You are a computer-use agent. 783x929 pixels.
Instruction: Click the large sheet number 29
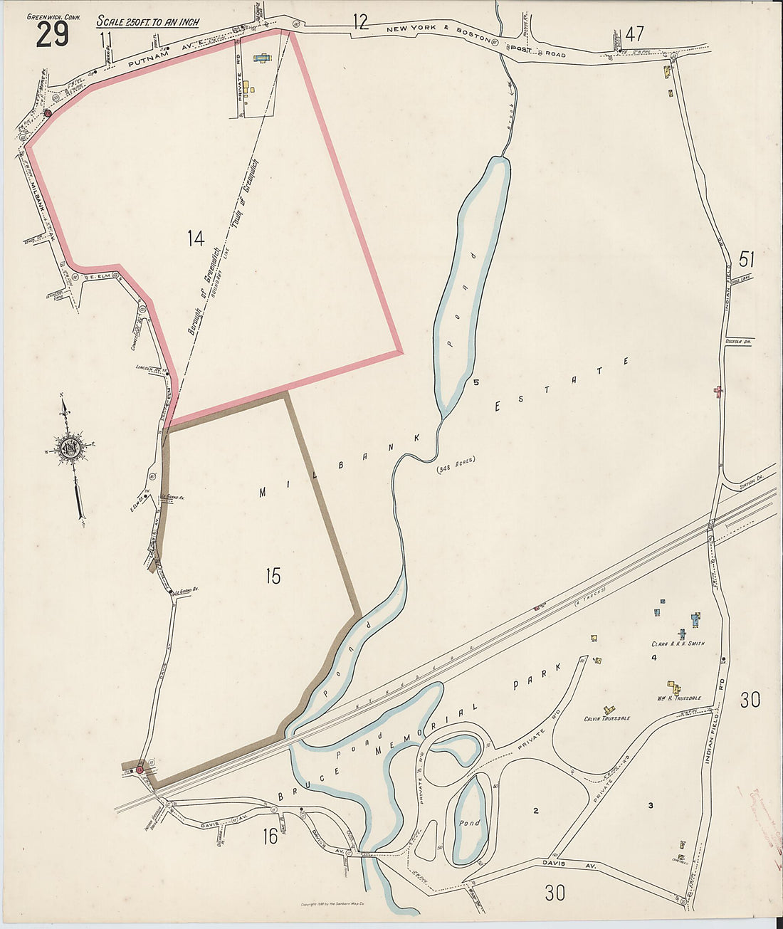pyautogui.click(x=52, y=34)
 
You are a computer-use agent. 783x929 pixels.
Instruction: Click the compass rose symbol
pyautogui.click(x=71, y=448)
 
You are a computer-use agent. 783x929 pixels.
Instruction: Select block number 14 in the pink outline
pyautogui.click(x=196, y=238)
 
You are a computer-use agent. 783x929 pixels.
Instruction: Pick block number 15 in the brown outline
pyautogui.click(x=273, y=576)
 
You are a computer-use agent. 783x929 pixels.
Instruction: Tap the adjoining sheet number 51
pyautogui.click(x=747, y=258)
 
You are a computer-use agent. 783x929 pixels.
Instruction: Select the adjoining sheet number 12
pyautogui.click(x=361, y=22)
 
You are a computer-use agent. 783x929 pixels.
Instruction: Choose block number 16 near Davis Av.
pyautogui.click(x=270, y=836)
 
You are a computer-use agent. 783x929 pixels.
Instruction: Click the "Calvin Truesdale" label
pyautogui.click(x=606, y=718)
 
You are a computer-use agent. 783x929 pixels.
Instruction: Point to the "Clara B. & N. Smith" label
pyautogui.click(x=678, y=644)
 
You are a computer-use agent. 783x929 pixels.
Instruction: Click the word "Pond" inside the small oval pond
pyautogui.click(x=470, y=822)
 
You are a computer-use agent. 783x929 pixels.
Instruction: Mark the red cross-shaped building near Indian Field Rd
pyautogui.click(x=718, y=390)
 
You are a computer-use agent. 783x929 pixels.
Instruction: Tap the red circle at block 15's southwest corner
pyautogui.click(x=140, y=770)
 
